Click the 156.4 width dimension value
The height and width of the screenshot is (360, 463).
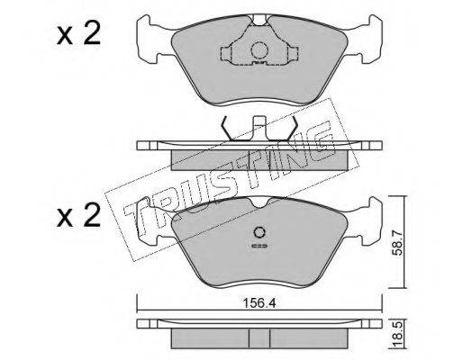tap(259, 303)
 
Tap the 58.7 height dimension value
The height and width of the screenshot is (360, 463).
tap(397, 242)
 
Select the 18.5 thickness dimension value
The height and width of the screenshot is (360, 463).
tap(397, 337)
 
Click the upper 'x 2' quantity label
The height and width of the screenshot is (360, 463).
tap(78, 35)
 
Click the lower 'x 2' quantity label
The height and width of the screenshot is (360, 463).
tap(78, 216)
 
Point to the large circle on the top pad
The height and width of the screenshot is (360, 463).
tap(259, 50)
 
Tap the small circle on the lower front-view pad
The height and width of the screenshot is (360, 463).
tap(259, 232)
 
